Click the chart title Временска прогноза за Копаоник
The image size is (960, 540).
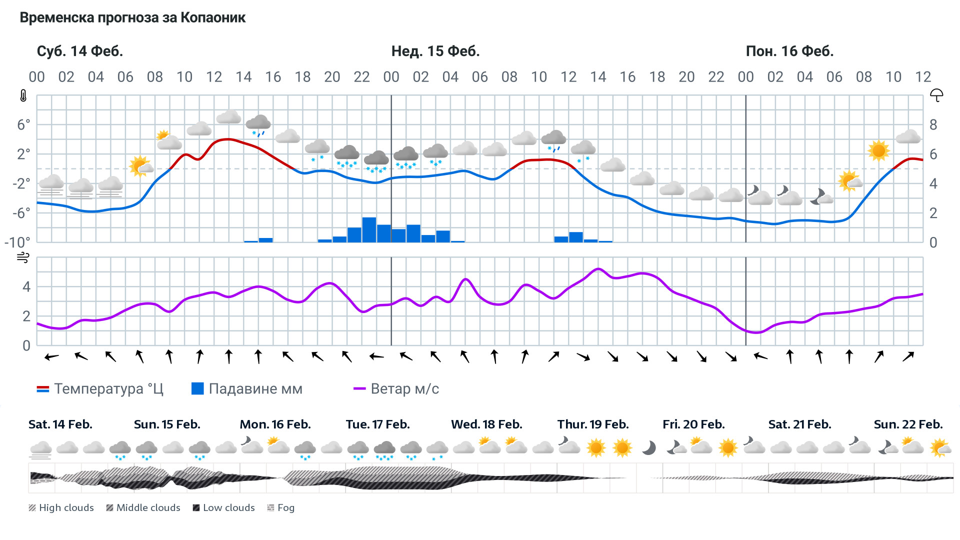pos(132,17)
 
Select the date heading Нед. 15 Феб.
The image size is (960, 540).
pos(435,51)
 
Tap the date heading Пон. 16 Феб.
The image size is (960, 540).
pos(789,51)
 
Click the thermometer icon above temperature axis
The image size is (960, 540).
pos(23,95)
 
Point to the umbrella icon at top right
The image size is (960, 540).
pos(936,95)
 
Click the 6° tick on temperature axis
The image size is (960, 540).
pos(23,124)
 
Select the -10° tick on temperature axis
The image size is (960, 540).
pos(17,242)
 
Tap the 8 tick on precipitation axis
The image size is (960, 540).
pos(933,124)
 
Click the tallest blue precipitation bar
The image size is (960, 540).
pos(369,230)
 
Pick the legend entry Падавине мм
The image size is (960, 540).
pos(247,388)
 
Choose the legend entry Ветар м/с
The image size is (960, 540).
pos(396,388)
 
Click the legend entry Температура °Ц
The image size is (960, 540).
pos(100,388)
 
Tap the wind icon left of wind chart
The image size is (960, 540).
pos(23,257)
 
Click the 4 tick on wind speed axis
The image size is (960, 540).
pos(26,286)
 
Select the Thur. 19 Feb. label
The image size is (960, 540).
pos(593,424)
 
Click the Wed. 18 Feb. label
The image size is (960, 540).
pos(486,424)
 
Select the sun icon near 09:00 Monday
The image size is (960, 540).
pos(878,150)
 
